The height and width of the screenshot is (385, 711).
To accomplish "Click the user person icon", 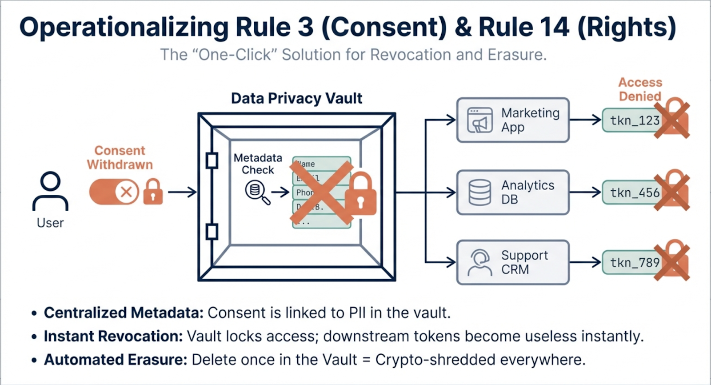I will point(50,191).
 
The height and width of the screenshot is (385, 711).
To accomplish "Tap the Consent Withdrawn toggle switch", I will point(114,192).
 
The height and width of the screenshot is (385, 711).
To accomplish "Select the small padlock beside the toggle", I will point(153,192).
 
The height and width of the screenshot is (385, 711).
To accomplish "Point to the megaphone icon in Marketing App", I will point(479,120).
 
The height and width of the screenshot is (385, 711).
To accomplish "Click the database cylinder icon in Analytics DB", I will point(480,192).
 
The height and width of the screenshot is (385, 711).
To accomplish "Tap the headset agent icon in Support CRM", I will point(480,262).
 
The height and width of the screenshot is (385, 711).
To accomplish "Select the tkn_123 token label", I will point(634,120).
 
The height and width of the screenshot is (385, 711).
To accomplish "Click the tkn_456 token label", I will point(634,192).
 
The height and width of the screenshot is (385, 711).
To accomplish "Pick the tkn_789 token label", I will point(634,263).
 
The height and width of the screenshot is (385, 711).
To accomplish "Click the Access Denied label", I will point(640,89).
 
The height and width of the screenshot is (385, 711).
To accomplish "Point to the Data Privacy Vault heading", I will point(296,98).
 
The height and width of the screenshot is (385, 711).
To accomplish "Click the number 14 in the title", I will point(551,27).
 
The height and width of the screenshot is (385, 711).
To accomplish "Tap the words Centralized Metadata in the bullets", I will point(123,313).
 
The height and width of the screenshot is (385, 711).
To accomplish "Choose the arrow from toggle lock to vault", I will point(182,192).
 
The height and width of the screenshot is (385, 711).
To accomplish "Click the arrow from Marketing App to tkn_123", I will point(585,120).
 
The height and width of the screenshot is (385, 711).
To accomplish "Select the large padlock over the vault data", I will point(360,194).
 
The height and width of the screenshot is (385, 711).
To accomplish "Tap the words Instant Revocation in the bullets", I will point(113,337).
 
